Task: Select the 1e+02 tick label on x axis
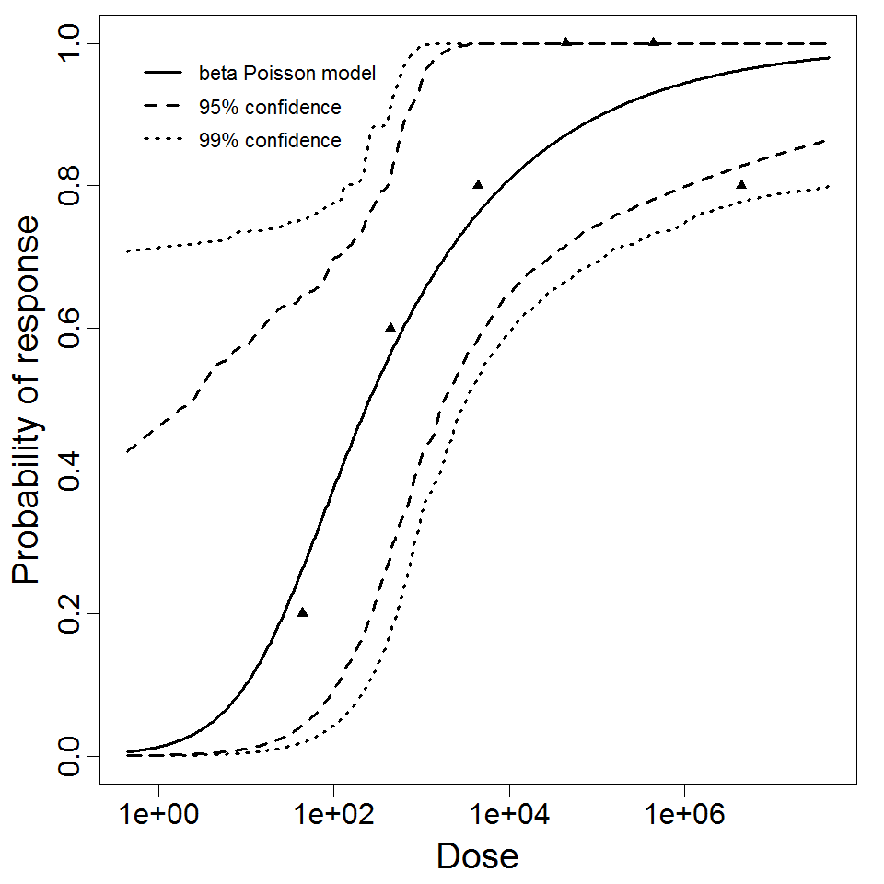(x=333, y=816)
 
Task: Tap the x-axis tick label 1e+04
(x=508, y=816)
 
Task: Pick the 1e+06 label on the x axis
(x=683, y=816)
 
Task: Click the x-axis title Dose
(x=477, y=856)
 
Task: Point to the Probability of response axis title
(x=28, y=401)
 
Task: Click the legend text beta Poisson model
(x=286, y=74)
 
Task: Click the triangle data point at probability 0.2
(x=303, y=612)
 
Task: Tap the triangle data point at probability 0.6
(x=390, y=327)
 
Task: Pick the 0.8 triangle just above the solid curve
(x=478, y=184)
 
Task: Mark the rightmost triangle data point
(x=741, y=184)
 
